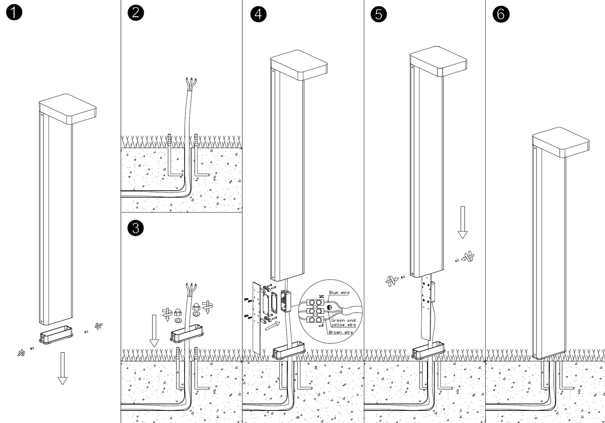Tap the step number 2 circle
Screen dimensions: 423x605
135,12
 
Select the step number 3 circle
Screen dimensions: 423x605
135,228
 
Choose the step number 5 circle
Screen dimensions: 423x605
378,14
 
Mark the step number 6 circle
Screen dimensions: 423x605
501,14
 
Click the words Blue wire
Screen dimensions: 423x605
339,292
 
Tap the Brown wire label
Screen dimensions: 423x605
340,332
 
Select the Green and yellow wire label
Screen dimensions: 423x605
343,323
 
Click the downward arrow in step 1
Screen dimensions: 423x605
62,368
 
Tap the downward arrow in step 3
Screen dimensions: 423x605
154,331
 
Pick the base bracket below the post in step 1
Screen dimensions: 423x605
56,336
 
